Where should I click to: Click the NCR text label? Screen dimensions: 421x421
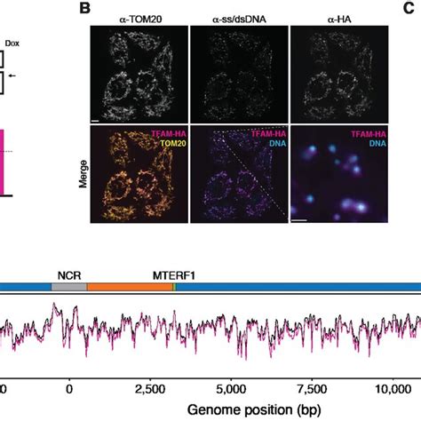tap(67, 274)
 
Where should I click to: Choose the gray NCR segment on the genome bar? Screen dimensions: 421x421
tap(69, 288)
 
